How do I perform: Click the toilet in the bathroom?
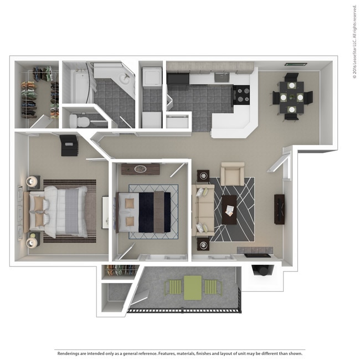pos(79,121)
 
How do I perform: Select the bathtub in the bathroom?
pos(79,86)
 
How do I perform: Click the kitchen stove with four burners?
pos(241,95)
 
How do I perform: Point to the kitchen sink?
pos(222,78)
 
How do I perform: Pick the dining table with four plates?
pos(291,97)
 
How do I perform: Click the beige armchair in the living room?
pos(233,174)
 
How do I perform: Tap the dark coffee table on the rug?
pos(229,209)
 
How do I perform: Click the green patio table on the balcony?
pos(193,288)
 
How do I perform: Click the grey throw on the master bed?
pos(72,211)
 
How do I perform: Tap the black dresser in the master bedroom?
pos(69,146)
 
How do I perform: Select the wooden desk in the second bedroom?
pos(140,169)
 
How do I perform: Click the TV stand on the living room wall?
pos(279,209)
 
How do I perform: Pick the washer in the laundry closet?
pos(152,77)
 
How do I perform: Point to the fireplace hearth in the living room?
pos(255,250)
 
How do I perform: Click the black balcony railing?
pos(184,310)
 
